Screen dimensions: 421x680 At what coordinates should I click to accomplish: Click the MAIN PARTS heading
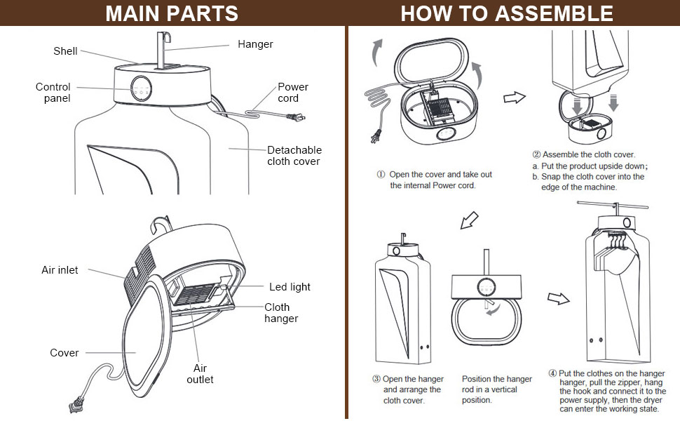pos(172,13)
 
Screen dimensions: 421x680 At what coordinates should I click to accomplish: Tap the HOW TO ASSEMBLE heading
pos(507,13)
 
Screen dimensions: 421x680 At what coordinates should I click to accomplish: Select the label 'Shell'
pos(65,51)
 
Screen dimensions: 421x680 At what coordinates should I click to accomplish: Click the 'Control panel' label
pos(53,93)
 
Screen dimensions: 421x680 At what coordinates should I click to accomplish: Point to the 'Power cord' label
pos(293,93)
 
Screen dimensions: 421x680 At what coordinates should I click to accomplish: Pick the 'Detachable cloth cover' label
pos(294,156)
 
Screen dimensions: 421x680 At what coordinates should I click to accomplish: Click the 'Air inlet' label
pos(60,270)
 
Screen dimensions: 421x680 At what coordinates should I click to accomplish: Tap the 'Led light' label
pos(290,287)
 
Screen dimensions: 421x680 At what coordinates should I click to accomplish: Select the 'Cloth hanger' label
pos(281,313)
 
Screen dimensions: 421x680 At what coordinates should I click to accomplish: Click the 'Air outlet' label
pos(200,374)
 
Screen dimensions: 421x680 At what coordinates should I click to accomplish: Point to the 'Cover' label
pos(64,353)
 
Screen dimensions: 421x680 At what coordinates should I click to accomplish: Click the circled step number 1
pos(381,174)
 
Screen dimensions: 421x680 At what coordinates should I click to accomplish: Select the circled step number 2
pos(537,154)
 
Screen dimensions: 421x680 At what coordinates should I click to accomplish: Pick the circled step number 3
pos(376,380)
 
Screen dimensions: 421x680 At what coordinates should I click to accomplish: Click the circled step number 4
pos(552,373)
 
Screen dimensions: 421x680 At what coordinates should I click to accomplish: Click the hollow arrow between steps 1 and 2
pos(515,98)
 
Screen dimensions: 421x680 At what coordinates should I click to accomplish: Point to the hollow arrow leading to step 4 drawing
pos(558,299)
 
